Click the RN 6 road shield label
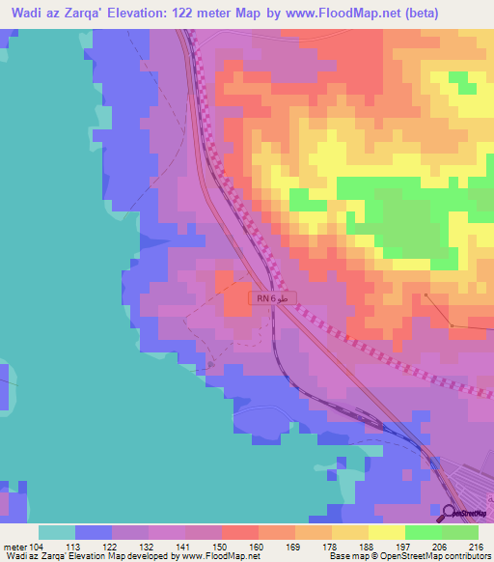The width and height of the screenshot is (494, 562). [x=266, y=299]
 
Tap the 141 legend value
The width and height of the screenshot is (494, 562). [x=183, y=546]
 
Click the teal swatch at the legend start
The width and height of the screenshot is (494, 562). [x=57, y=532]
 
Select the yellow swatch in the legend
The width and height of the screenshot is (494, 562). [x=386, y=532]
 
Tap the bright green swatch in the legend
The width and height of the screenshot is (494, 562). [x=423, y=532]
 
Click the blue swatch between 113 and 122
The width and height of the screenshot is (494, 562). [x=94, y=532]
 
